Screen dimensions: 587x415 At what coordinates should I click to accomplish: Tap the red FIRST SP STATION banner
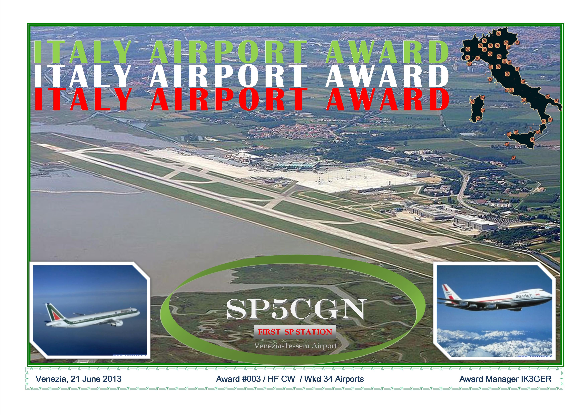(295, 332)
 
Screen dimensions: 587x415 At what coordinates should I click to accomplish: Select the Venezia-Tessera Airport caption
(296, 346)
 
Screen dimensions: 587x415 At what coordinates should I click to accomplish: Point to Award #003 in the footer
(238, 379)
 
